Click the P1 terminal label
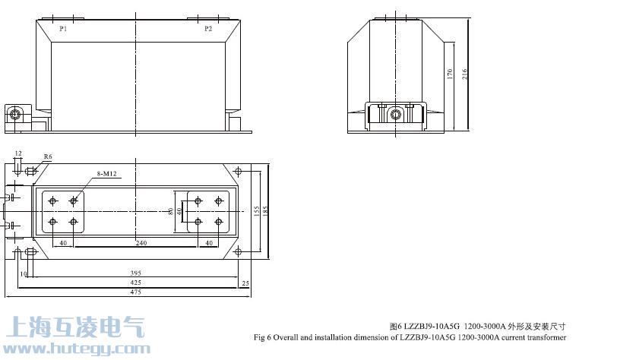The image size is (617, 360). coord(63,28)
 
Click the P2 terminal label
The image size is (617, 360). coord(208,28)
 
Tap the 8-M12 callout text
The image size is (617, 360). coord(106,173)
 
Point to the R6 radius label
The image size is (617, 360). coord(48,156)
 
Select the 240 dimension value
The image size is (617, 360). coord(141,243)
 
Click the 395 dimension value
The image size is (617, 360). coord(135,273)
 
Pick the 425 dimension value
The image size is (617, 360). coord(135,282)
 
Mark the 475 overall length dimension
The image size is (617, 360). coord(135,292)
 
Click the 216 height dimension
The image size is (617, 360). coord(464,74)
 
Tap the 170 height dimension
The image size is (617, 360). coord(450,74)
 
